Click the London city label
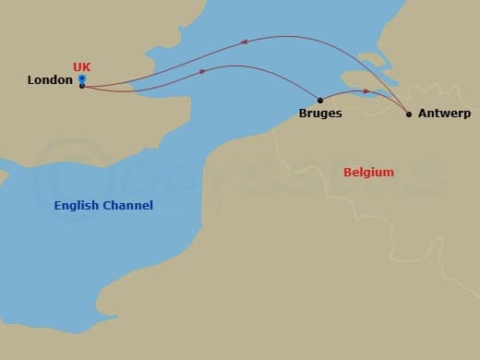50,80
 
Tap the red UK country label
81,66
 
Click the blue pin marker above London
82,78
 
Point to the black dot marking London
82,86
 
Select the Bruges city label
320,114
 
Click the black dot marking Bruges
319,100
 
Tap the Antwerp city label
444,114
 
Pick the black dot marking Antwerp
409,114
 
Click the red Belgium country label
368,172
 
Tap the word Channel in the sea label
129,205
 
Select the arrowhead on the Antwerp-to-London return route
245,41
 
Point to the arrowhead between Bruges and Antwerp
366,91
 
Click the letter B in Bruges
303,114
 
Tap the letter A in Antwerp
422,114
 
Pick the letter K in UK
87,66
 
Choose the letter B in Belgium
347,172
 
